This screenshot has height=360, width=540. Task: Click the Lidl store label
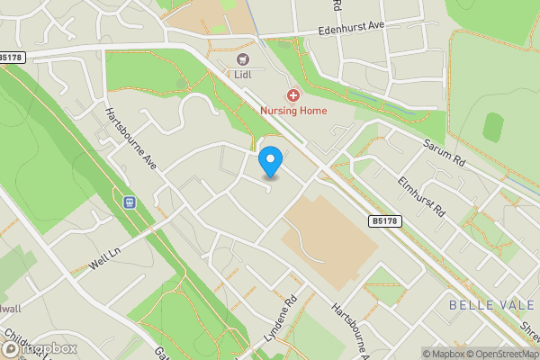(241, 76)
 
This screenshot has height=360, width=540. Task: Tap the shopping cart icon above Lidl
(241, 59)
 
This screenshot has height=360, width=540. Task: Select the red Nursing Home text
(293, 111)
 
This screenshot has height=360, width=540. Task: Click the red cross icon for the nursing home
(292, 94)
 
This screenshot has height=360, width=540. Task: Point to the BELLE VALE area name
(483, 306)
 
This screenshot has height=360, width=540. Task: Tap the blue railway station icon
(130, 202)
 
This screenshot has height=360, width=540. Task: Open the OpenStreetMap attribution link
(501, 353)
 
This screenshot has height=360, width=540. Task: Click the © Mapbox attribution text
(441, 353)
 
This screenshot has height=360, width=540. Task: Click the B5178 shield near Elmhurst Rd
(382, 220)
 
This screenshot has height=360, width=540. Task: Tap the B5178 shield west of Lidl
(13, 57)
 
